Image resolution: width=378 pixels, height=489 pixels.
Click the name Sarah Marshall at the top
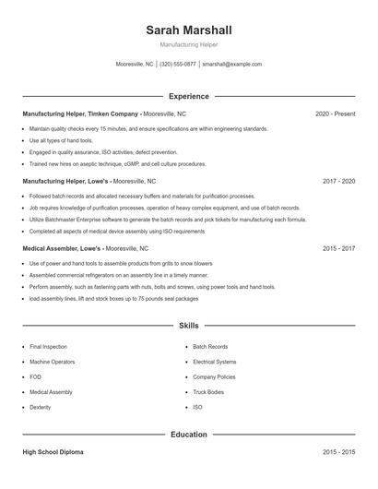(188, 30)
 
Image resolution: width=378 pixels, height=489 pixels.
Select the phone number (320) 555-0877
(178, 65)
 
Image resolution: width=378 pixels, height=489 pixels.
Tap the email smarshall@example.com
(231, 65)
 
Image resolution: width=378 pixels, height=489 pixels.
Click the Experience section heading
(188, 96)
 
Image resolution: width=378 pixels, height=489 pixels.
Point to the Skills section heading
(188, 326)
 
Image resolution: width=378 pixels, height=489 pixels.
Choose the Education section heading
(188, 434)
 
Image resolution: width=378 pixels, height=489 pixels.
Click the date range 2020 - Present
(335, 113)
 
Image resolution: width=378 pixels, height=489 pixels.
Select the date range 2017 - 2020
(338, 182)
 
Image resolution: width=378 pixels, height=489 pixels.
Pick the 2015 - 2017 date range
(338, 249)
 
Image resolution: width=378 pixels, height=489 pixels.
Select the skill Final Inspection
(49, 347)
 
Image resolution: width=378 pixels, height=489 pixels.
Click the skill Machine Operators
(53, 362)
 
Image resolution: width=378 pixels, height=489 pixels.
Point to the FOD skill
(35, 376)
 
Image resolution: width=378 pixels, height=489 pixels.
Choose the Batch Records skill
(210, 347)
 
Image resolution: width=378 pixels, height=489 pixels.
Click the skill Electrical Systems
(215, 362)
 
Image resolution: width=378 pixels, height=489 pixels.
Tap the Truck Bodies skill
(208, 392)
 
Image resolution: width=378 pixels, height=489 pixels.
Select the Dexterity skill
(41, 407)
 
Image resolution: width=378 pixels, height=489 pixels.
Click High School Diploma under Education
(53, 452)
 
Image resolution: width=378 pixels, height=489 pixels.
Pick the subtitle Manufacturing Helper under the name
(188, 44)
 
